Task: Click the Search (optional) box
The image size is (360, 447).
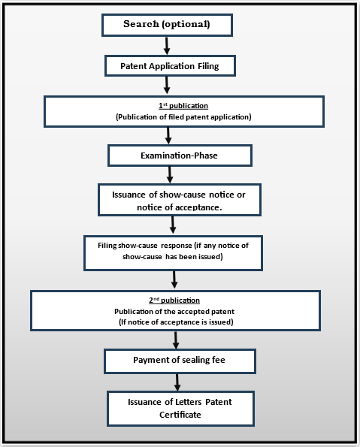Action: (x=167, y=25)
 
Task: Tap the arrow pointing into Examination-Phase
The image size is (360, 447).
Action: (x=169, y=135)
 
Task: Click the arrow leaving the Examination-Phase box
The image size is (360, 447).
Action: (x=171, y=174)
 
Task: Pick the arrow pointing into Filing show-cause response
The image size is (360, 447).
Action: (x=174, y=225)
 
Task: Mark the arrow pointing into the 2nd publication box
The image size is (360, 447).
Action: (x=175, y=280)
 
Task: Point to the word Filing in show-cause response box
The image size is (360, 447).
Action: (x=110, y=246)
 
